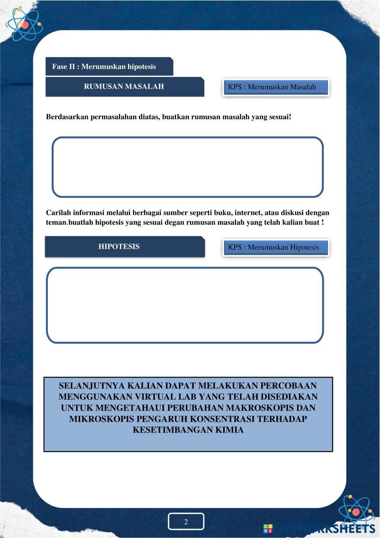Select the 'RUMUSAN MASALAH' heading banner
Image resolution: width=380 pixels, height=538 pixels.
click(x=124, y=86)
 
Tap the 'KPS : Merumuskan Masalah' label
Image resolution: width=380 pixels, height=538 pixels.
click(x=272, y=87)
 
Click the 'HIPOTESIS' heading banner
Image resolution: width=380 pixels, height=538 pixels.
click(x=119, y=247)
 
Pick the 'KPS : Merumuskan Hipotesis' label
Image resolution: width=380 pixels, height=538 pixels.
click(x=274, y=247)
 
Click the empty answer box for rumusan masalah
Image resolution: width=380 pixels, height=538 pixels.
click(x=187, y=167)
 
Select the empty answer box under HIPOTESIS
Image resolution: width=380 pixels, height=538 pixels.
click(x=185, y=305)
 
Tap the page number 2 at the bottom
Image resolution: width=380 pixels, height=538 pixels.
click(x=186, y=522)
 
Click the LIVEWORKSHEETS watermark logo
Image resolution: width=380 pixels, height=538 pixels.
click(x=319, y=528)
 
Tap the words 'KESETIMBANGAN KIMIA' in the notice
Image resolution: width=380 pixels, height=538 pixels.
click(x=188, y=430)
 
